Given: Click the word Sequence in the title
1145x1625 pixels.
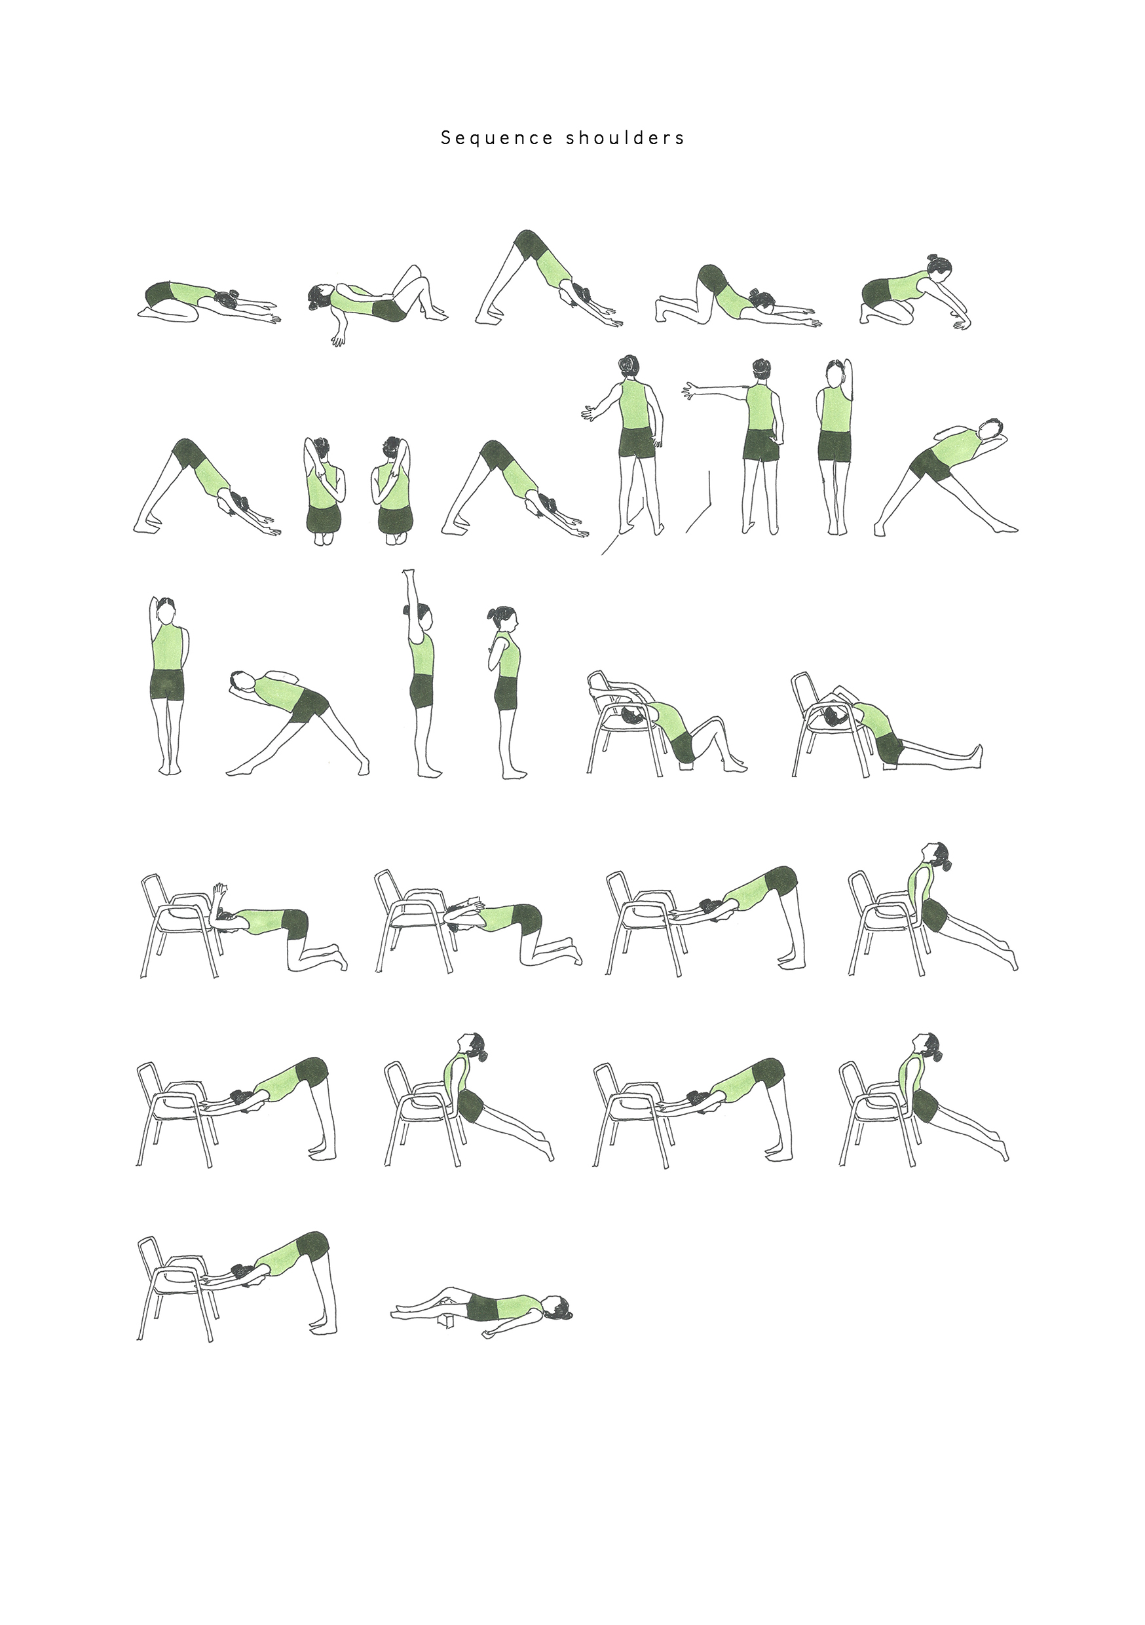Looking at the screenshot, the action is coord(496,138).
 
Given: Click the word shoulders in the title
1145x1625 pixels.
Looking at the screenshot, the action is coord(625,138).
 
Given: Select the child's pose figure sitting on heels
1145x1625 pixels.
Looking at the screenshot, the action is coord(208,303).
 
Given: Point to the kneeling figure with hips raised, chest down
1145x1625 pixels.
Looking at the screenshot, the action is coord(738,298).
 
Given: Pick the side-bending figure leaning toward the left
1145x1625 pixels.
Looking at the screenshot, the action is coord(297,722).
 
